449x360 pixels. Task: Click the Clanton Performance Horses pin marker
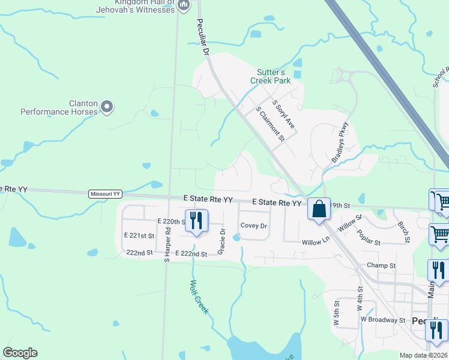107,107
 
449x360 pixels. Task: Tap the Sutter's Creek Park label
270,76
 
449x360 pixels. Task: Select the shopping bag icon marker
319,209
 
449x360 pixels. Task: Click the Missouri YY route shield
105,194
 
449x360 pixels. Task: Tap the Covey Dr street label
253,226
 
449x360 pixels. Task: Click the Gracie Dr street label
222,240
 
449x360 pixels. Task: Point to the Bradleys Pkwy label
340,143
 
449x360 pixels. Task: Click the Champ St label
381,265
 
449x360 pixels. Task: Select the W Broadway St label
383,320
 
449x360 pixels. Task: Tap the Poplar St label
369,238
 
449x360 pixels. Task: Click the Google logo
20,353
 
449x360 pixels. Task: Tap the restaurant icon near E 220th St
196,221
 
